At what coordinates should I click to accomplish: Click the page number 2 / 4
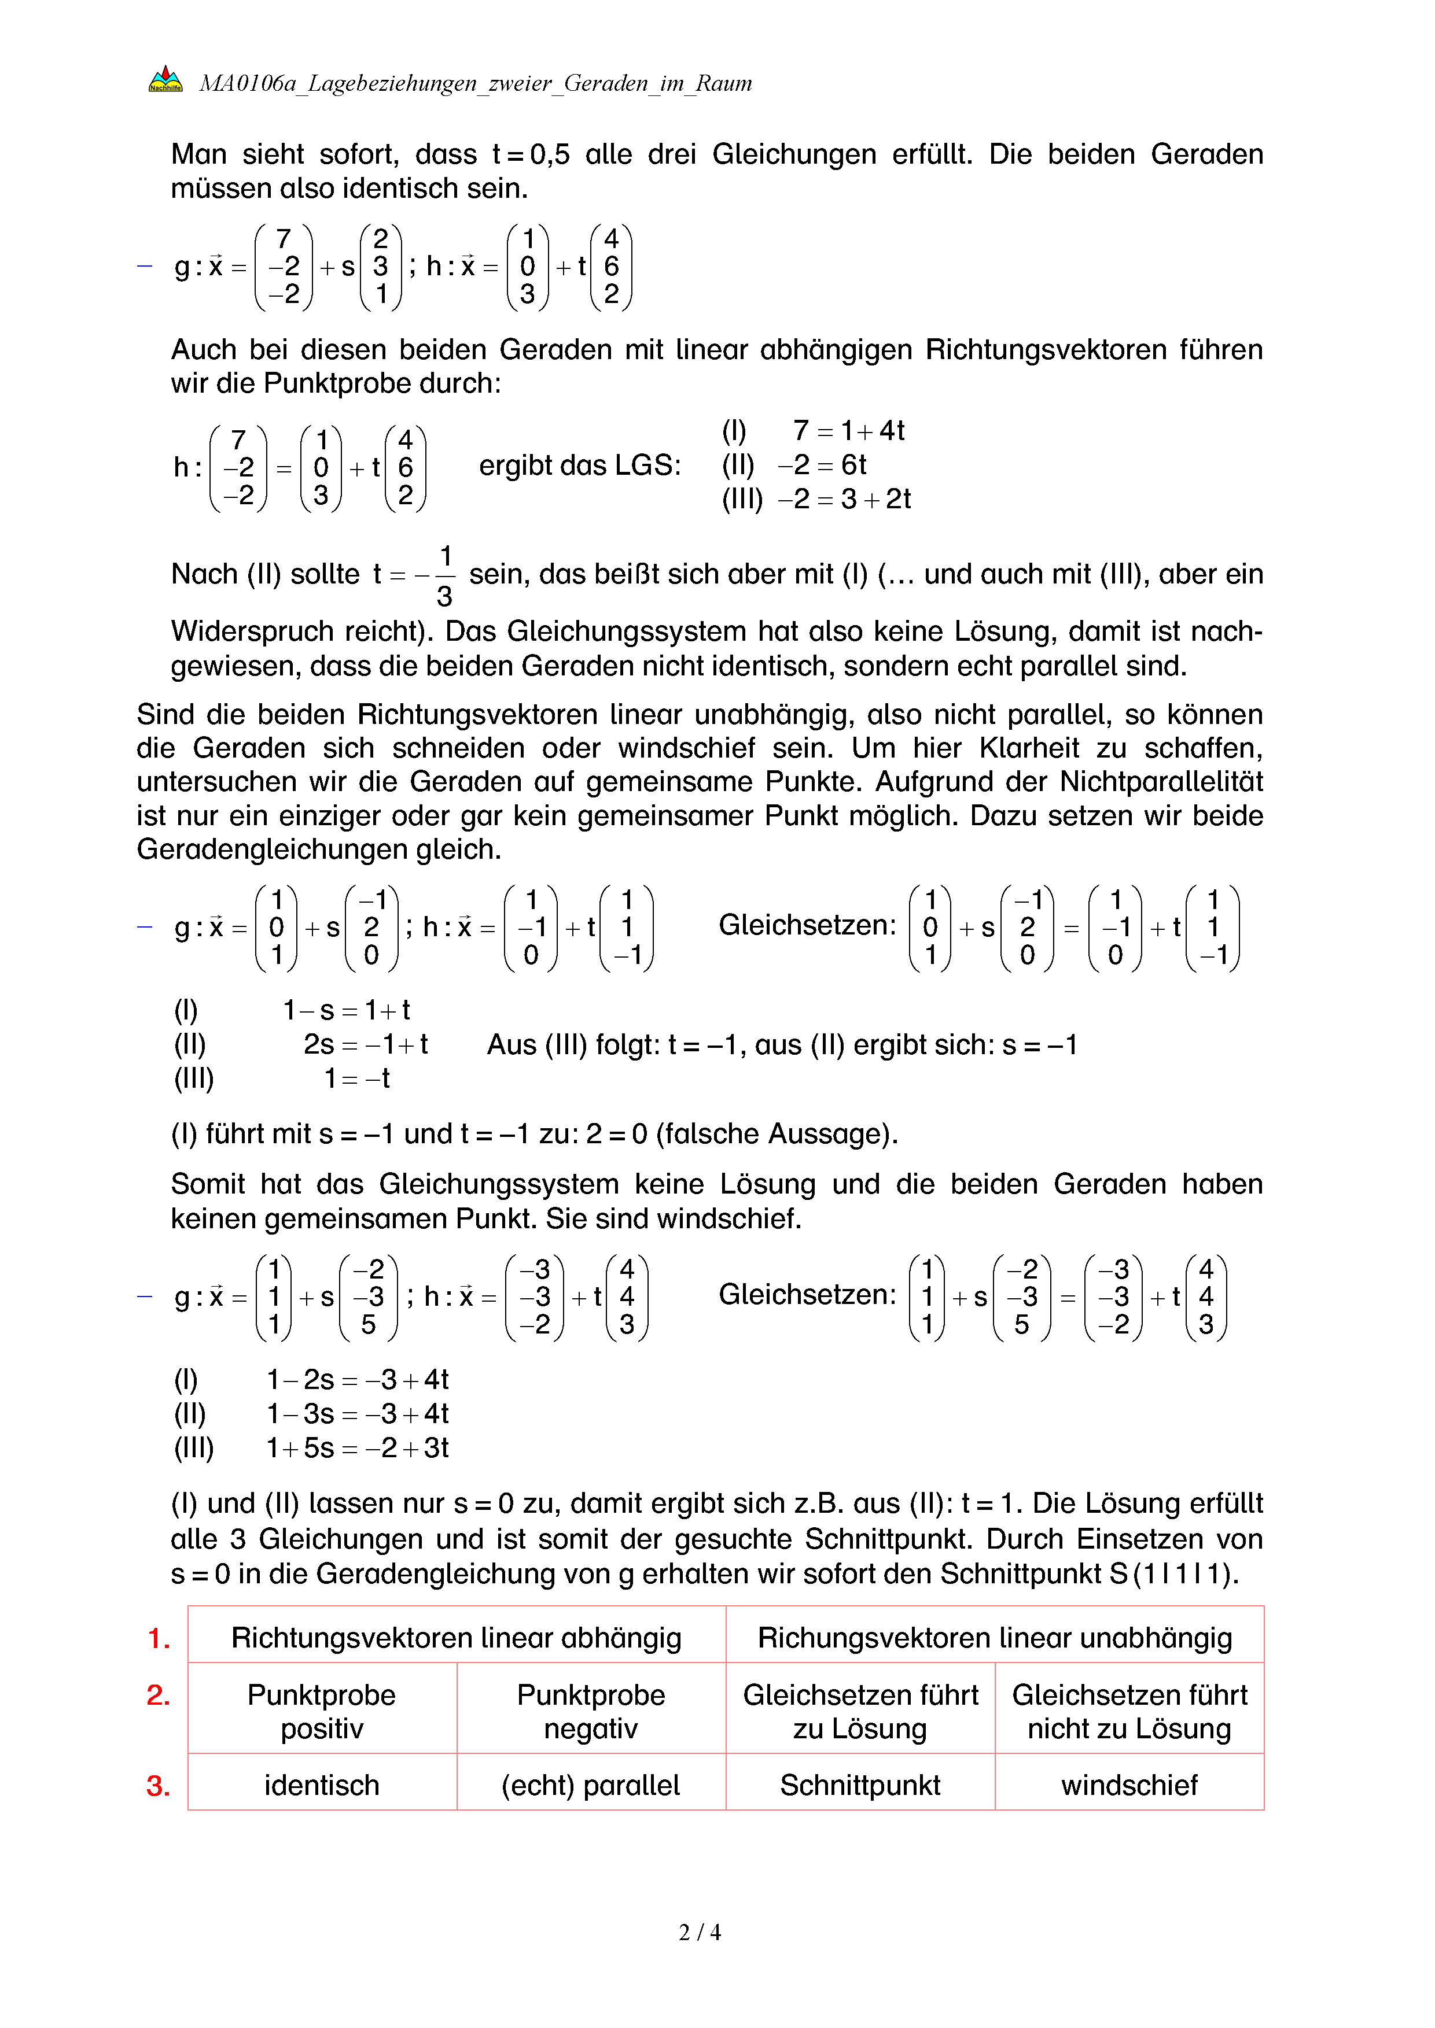pos(699,1932)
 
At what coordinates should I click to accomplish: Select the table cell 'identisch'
pos(322,1785)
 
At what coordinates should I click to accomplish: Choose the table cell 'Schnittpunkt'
pos(860,1785)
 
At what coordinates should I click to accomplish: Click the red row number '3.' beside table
pos(158,1786)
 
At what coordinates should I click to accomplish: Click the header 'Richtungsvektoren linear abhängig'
pos(456,1638)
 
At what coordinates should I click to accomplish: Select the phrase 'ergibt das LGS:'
pos(580,466)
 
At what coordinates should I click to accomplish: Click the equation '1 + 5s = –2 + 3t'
pos(358,1447)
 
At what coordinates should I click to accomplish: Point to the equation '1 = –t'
pos(357,1078)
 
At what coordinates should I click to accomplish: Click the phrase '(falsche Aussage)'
pos(777,1133)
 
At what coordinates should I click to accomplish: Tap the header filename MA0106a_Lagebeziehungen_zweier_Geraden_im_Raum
pos(476,83)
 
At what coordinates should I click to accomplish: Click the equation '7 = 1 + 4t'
pos(848,430)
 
